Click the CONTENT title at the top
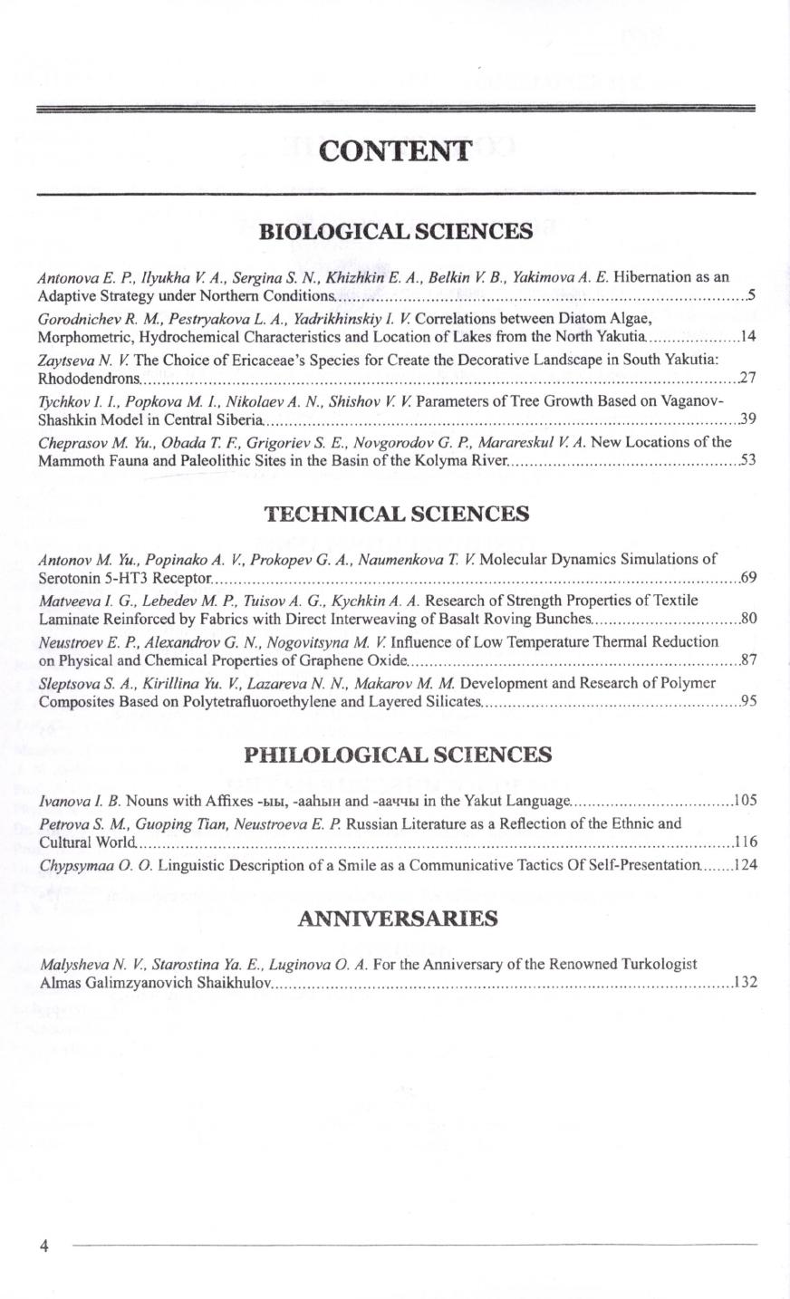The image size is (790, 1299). tap(396, 150)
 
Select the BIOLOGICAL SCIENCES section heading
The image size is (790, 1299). tap(396, 231)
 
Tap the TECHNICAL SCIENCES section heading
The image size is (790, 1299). tap(396, 515)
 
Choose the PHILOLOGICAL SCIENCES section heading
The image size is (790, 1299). tap(399, 755)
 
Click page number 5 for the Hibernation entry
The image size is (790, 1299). tap(751, 296)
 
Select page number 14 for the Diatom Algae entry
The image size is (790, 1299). tap(747, 337)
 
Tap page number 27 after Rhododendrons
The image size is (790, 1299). tap(747, 378)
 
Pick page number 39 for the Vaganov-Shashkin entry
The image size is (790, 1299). tap(747, 419)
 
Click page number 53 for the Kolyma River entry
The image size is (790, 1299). tap(747, 461)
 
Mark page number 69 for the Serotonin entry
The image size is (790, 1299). tap(747, 577)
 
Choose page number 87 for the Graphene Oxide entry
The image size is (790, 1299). tap(747, 660)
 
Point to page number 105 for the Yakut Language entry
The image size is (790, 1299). tap(745, 801)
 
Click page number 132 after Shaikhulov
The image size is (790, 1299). tap(745, 983)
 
